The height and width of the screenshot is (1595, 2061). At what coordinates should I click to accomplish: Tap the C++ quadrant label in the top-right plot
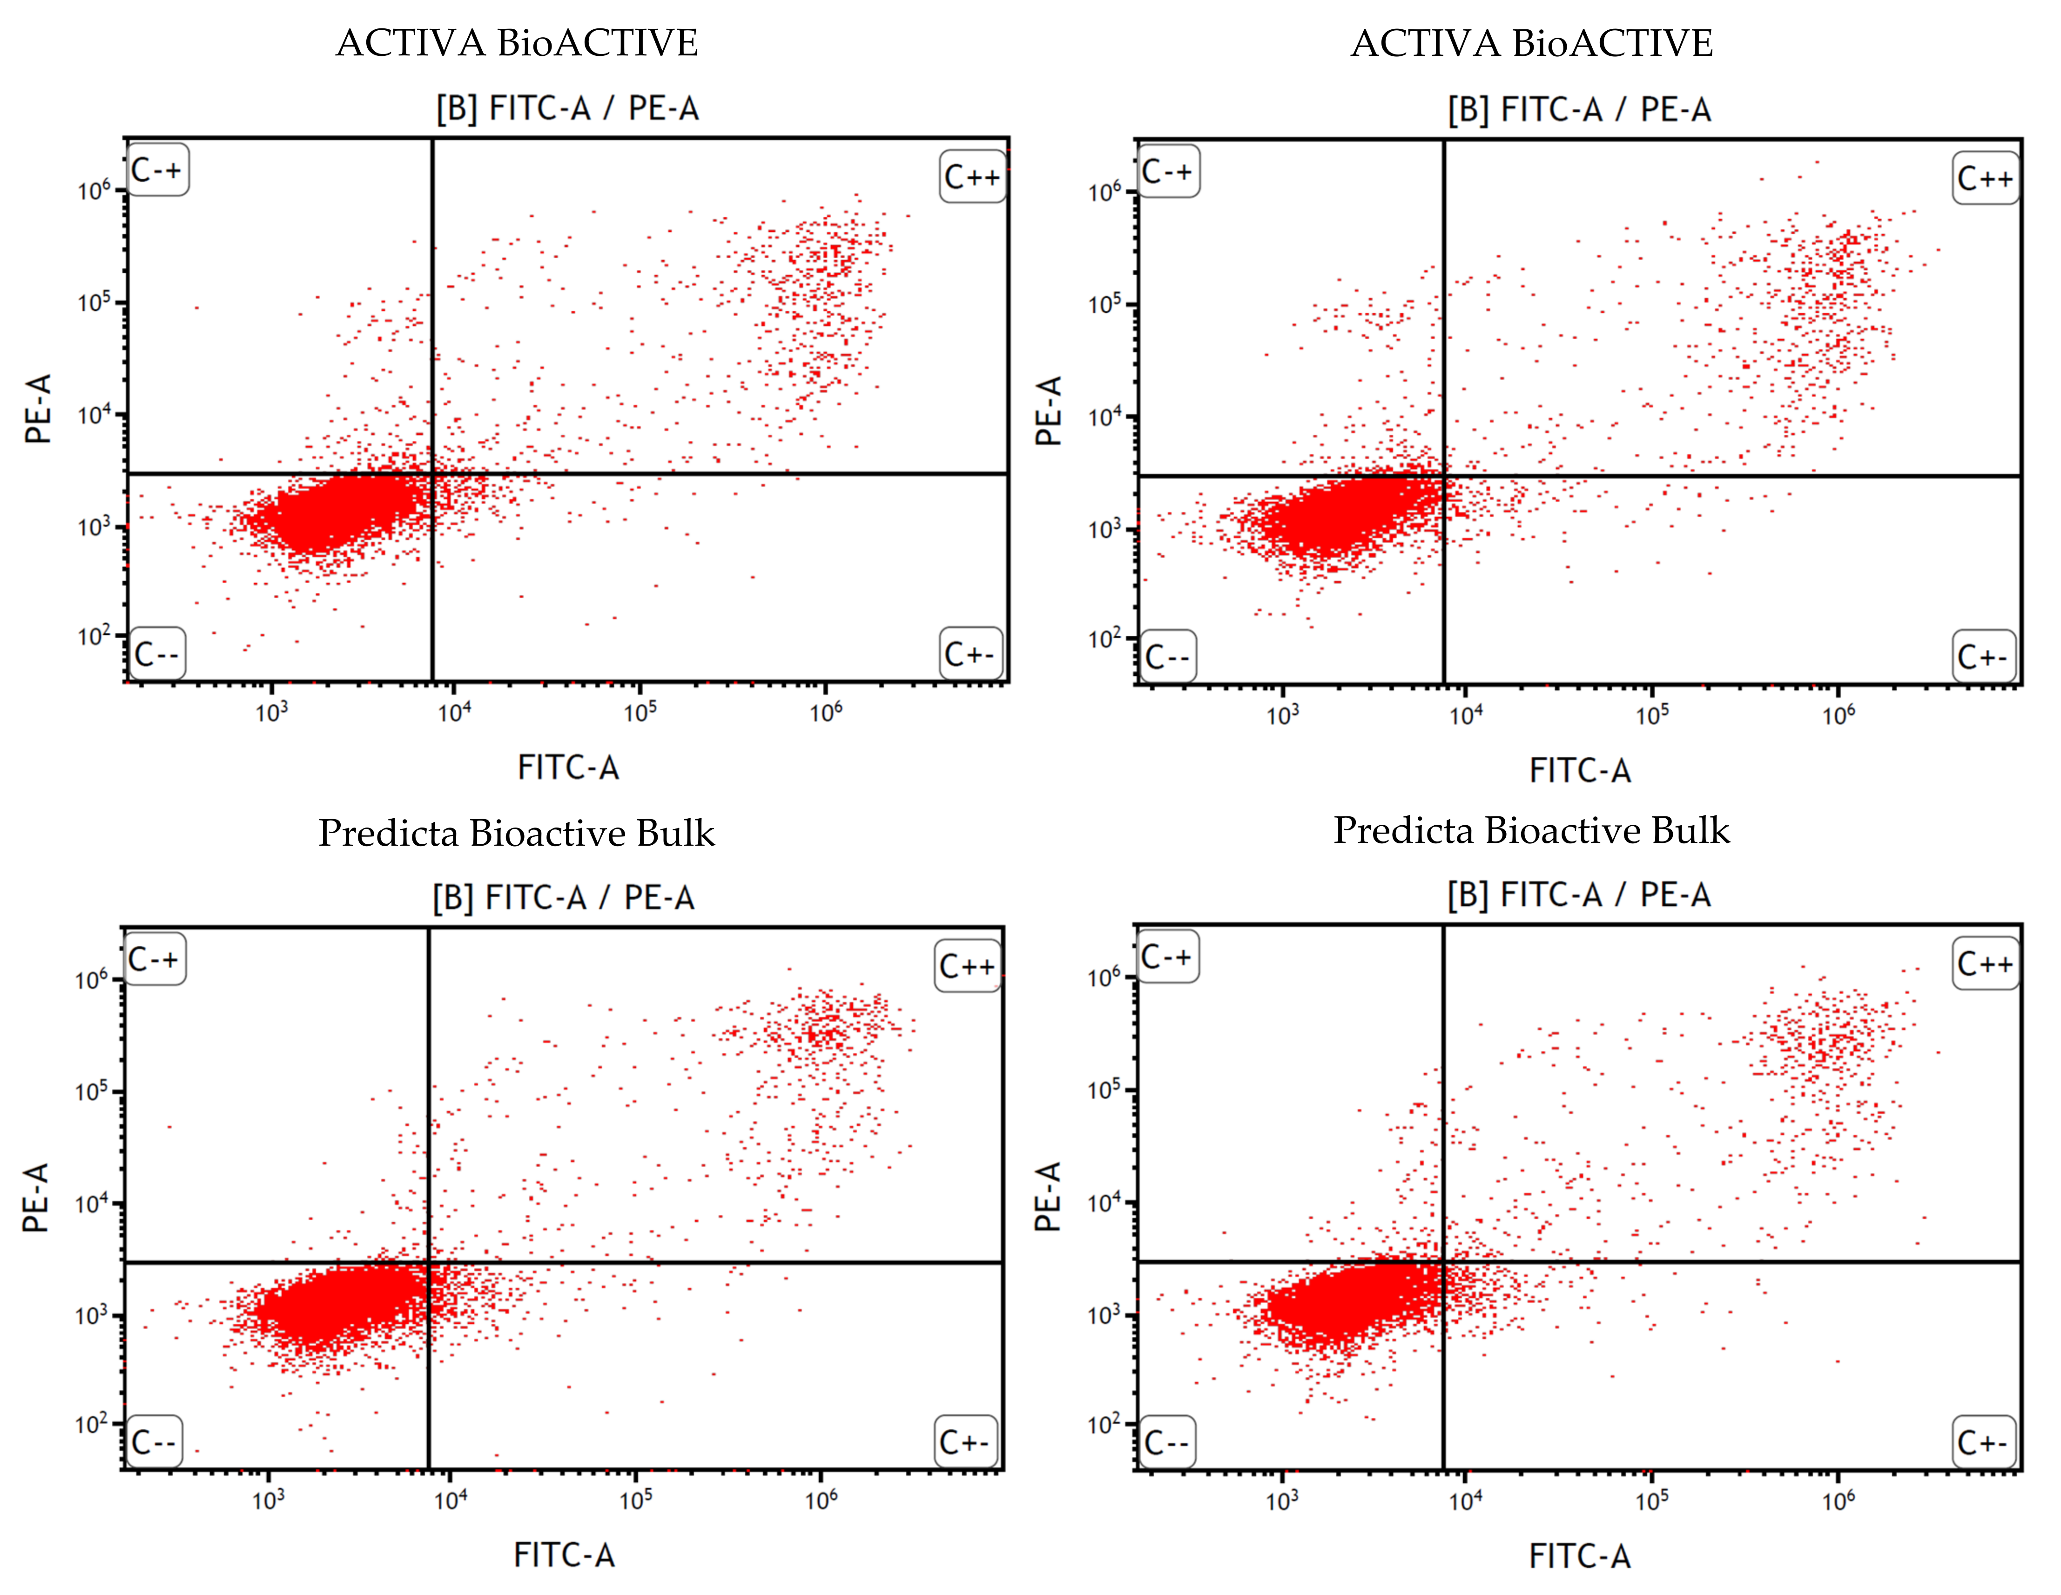coord(1986,177)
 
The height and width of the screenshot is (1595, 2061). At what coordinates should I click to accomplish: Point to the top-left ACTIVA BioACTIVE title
coord(517,42)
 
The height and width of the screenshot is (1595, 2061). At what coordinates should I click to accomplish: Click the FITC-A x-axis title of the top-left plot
coord(568,767)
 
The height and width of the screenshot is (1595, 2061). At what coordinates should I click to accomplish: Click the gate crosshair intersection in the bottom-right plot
coord(1443,1261)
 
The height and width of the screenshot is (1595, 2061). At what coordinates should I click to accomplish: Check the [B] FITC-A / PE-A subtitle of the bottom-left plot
coord(563,896)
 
